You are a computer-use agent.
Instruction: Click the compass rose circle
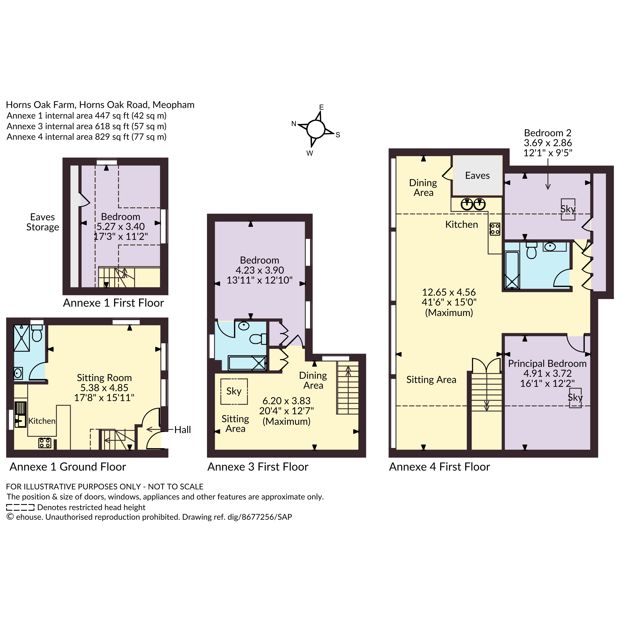(x=316, y=129)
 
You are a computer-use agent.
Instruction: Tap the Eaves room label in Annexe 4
(x=477, y=175)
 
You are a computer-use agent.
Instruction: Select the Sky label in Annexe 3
(x=234, y=391)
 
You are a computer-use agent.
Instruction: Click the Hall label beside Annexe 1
(x=182, y=429)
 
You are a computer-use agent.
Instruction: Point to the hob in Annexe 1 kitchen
(x=45, y=442)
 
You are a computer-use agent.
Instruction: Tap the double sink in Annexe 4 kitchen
(x=473, y=204)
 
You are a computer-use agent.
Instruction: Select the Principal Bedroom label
(x=547, y=363)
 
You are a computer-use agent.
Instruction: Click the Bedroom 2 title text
(x=548, y=133)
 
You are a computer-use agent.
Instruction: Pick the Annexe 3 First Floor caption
(x=258, y=467)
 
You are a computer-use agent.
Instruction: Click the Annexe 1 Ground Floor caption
(x=68, y=467)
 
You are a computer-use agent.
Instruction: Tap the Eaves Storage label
(x=42, y=222)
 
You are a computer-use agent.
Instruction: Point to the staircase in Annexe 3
(x=348, y=388)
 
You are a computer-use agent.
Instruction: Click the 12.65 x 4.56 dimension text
(x=449, y=292)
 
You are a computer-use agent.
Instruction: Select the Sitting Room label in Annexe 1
(x=104, y=378)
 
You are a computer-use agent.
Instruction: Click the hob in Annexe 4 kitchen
(x=495, y=229)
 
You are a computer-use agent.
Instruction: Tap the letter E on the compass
(x=322, y=107)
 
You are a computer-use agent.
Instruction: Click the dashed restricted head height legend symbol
(x=20, y=507)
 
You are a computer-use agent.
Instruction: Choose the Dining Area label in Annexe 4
(x=423, y=188)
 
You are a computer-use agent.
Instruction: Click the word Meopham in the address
(x=174, y=105)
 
